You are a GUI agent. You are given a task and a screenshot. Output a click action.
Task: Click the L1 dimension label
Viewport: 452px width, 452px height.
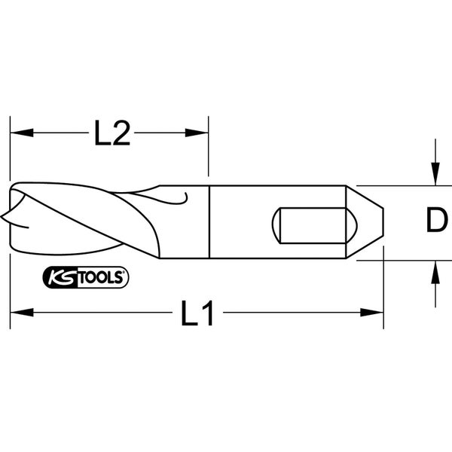197,312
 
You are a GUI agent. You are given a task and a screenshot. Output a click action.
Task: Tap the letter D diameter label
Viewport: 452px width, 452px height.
435,221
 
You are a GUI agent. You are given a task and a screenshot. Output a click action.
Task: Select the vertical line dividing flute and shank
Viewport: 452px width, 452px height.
208,222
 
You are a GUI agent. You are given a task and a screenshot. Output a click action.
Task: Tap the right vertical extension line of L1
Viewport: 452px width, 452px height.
383,294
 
